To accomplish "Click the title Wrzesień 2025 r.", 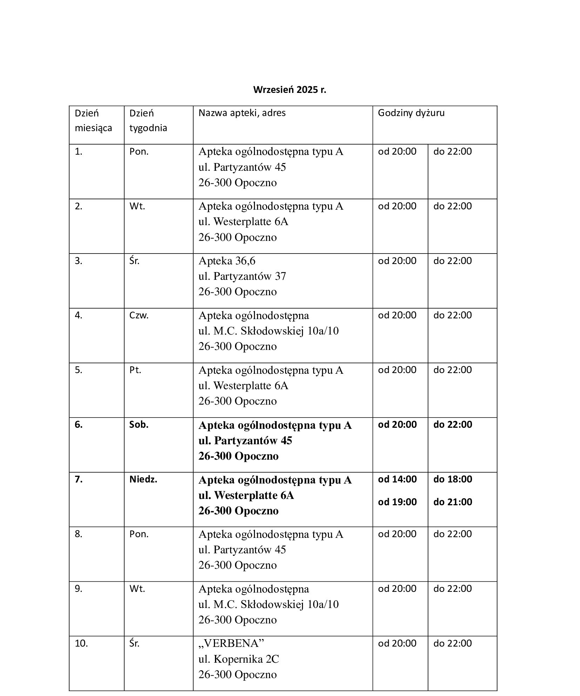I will pyautogui.click(x=289, y=90).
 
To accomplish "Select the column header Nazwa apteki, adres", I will pyautogui.click(x=242, y=113).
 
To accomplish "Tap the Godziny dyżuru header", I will pyautogui.click(x=411, y=113).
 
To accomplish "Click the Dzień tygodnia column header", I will pyautogui.click(x=148, y=120).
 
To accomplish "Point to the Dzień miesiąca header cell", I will pyautogui.click(x=93, y=120).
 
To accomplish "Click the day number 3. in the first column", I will pyautogui.click(x=79, y=261).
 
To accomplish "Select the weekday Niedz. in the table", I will pyautogui.click(x=143, y=479).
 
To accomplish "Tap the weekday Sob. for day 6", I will pyautogui.click(x=139, y=425).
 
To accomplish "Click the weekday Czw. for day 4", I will pyautogui.click(x=139, y=315).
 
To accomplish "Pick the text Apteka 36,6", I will pyautogui.click(x=227, y=261).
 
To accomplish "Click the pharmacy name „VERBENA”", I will pyautogui.click(x=231, y=643).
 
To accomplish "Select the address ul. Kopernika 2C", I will pyautogui.click(x=238, y=659).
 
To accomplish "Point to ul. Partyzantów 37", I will pyautogui.click(x=242, y=276).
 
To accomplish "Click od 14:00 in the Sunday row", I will pyautogui.click(x=397, y=479).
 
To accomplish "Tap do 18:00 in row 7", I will pyautogui.click(x=453, y=479).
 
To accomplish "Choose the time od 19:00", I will pyautogui.click(x=397, y=502).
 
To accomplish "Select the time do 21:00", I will pyautogui.click(x=453, y=502).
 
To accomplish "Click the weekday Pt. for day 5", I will pyautogui.click(x=135, y=370).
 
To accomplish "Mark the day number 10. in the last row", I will pyautogui.click(x=81, y=643).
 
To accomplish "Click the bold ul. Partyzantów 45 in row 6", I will pyautogui.click(x=245, y=441).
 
